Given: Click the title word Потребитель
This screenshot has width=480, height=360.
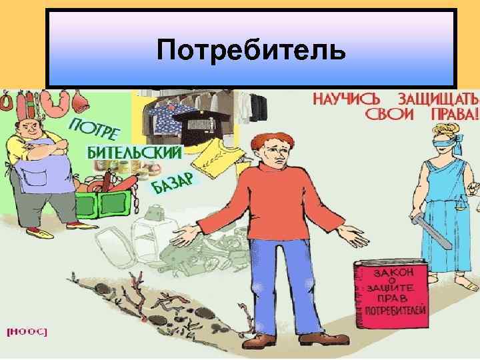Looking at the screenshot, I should (252, 50).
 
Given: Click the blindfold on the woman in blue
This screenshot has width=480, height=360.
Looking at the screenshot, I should (438, 141).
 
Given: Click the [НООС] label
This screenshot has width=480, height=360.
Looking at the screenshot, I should (27, 331).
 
